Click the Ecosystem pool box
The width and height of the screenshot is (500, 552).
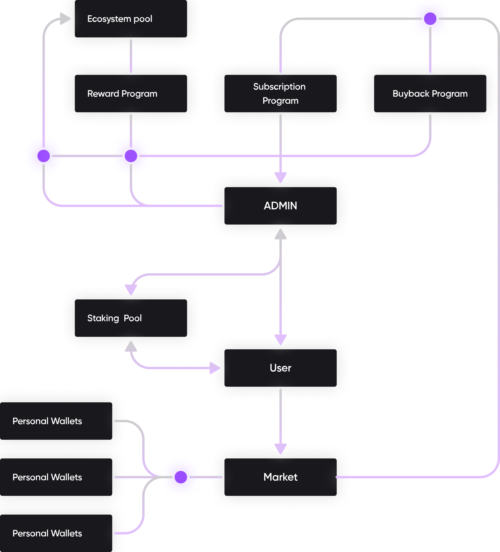[x=131, y=19]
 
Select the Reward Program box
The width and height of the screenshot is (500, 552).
[x=131, y=93]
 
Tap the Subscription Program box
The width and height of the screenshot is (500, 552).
[x=280, y=93]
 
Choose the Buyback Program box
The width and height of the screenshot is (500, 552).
[x=430, y=93]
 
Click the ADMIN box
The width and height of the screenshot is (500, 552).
[x=280, y=206]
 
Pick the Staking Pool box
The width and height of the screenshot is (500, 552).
[x=131, y=318]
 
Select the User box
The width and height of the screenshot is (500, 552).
[x=280, y=368]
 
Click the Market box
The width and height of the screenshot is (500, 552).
[x=280, y=477]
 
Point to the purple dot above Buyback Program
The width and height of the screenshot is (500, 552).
[x=430, y=19]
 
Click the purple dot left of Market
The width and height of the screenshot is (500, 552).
[x=181, y=477]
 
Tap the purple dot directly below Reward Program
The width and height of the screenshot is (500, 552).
[x=131, y=156]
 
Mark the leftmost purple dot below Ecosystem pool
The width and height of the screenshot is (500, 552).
[x=44, y=156]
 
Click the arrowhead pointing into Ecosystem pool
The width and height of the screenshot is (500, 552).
[x=65, y=19]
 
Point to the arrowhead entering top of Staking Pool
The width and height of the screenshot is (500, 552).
[x=131, y=290]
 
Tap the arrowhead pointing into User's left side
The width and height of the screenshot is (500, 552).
[x=215, y=368]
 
